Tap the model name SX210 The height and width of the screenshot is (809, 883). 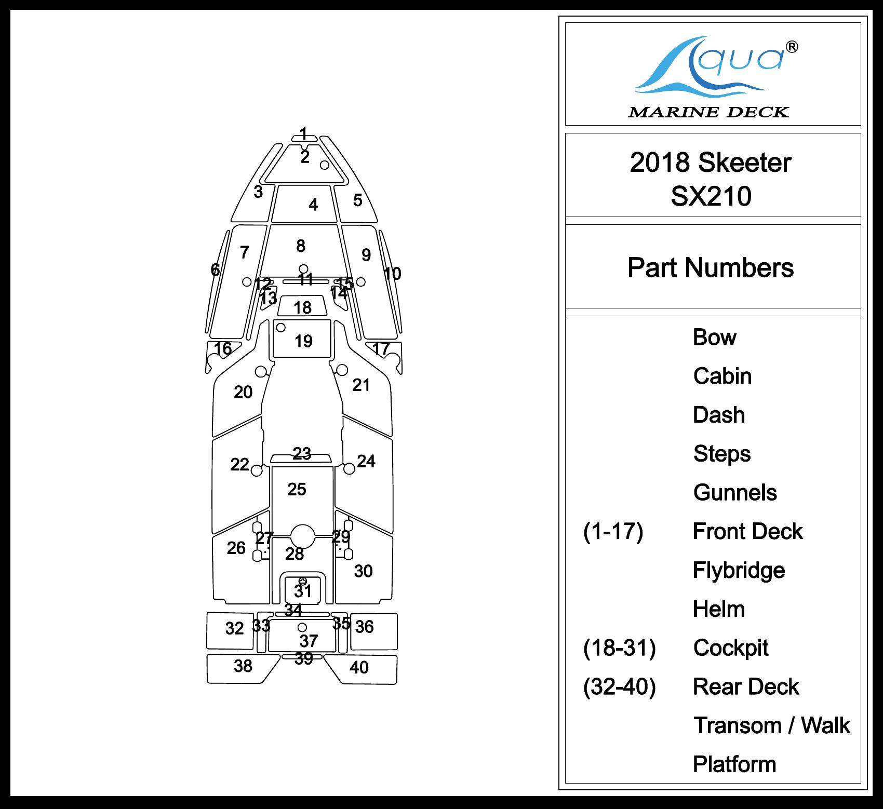711,196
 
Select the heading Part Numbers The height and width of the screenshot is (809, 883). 711,268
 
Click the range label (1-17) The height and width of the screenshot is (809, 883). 613,531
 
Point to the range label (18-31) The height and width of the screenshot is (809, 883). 619,648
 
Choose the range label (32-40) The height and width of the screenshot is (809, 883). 619,686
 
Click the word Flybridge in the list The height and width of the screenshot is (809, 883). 739,571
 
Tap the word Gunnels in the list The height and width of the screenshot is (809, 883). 735,492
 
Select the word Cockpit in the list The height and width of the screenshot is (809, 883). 731,648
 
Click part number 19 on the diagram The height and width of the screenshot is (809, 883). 303,341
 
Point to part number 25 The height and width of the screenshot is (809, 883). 297,489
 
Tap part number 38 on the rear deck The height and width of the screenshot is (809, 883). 243,666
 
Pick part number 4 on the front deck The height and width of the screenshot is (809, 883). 313,205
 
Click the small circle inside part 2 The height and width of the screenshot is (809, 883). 325,165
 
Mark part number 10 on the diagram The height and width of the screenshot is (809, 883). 392,274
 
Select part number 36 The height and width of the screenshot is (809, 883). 364,627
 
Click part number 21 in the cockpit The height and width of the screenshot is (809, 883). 361,385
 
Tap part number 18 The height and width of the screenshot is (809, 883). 302,307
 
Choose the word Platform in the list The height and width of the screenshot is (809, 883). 734,764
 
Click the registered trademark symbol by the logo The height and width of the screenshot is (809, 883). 793,47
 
